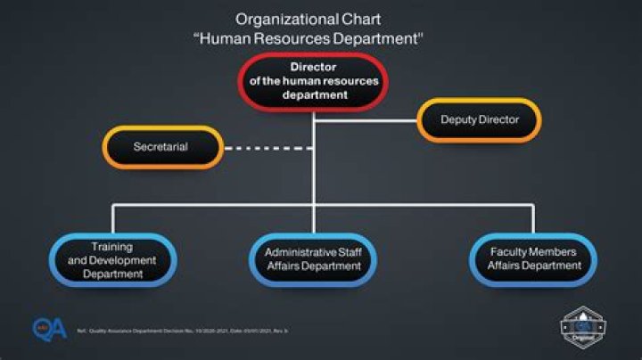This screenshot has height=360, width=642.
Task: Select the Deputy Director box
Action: click(479, 119)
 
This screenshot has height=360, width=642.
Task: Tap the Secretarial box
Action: click(161, 146)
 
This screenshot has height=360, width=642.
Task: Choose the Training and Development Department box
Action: click(112, 260)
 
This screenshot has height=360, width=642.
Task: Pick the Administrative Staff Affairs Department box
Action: click(313, 259)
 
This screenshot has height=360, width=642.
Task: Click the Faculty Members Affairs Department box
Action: click(531, 259)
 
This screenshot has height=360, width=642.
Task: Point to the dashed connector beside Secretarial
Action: click(266, 146)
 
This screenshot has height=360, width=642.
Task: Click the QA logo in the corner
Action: click(49, 329)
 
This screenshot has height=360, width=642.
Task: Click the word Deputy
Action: click(460, 119)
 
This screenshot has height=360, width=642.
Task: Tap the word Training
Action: click(112, 246)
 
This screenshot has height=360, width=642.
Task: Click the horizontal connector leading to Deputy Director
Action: click(366, 119)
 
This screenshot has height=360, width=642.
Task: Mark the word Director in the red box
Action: click(314, 67)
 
